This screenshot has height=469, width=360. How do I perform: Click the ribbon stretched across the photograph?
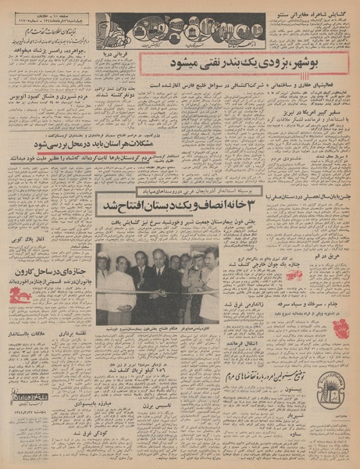tap(156, 292)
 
